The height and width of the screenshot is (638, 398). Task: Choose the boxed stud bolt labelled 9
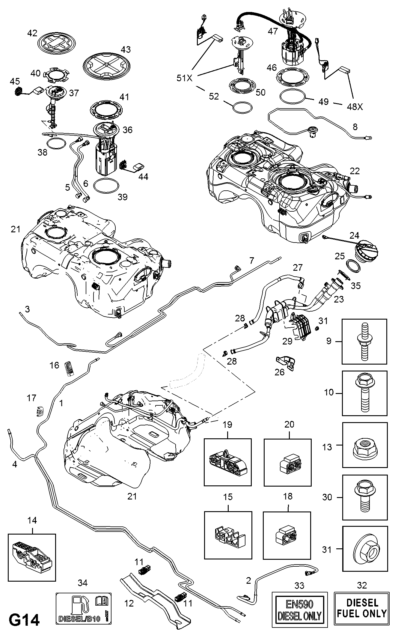click(x=364, y=341)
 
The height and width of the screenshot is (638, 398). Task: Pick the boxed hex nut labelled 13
click(x=364, y=445)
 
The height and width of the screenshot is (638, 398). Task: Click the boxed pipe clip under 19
click(x=228, y=462)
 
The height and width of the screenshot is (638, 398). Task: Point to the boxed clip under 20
click(x=288, y=462)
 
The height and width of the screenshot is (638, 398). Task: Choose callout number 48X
click(x=355, y=107)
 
